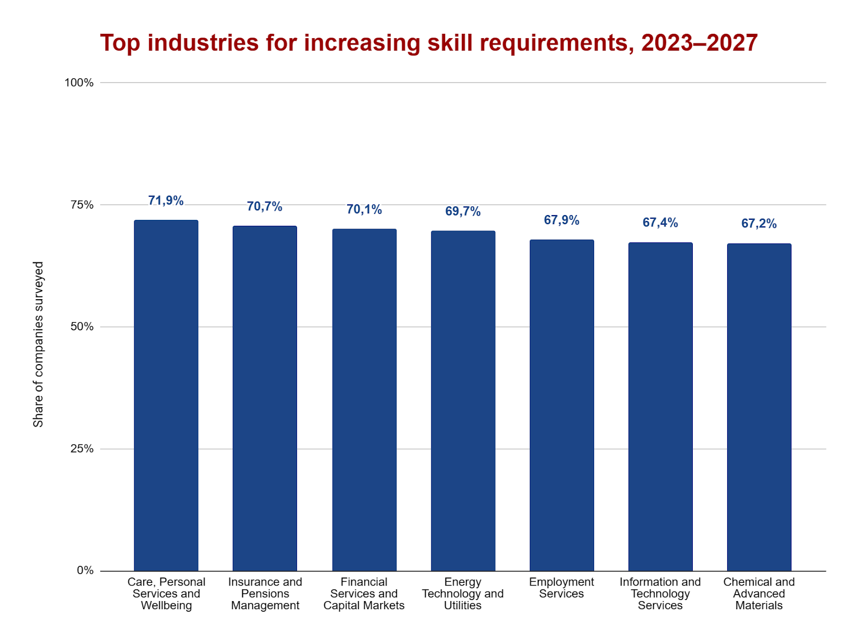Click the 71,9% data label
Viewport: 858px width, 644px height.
pos(166,201)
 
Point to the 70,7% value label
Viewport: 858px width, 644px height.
pos(264,206)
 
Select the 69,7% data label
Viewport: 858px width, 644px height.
pos(463,211)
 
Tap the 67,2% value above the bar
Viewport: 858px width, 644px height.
pos(759,224)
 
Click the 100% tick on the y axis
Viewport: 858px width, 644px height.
pos(79,83)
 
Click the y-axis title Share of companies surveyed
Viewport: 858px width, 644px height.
pos(38,344)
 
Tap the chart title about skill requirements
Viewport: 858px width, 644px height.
pos(428,43)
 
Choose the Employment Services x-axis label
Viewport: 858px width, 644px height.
pos(561,588)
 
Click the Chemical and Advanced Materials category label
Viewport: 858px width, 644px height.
pos(759,594)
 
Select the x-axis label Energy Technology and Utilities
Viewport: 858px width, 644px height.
pos(463,594)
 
